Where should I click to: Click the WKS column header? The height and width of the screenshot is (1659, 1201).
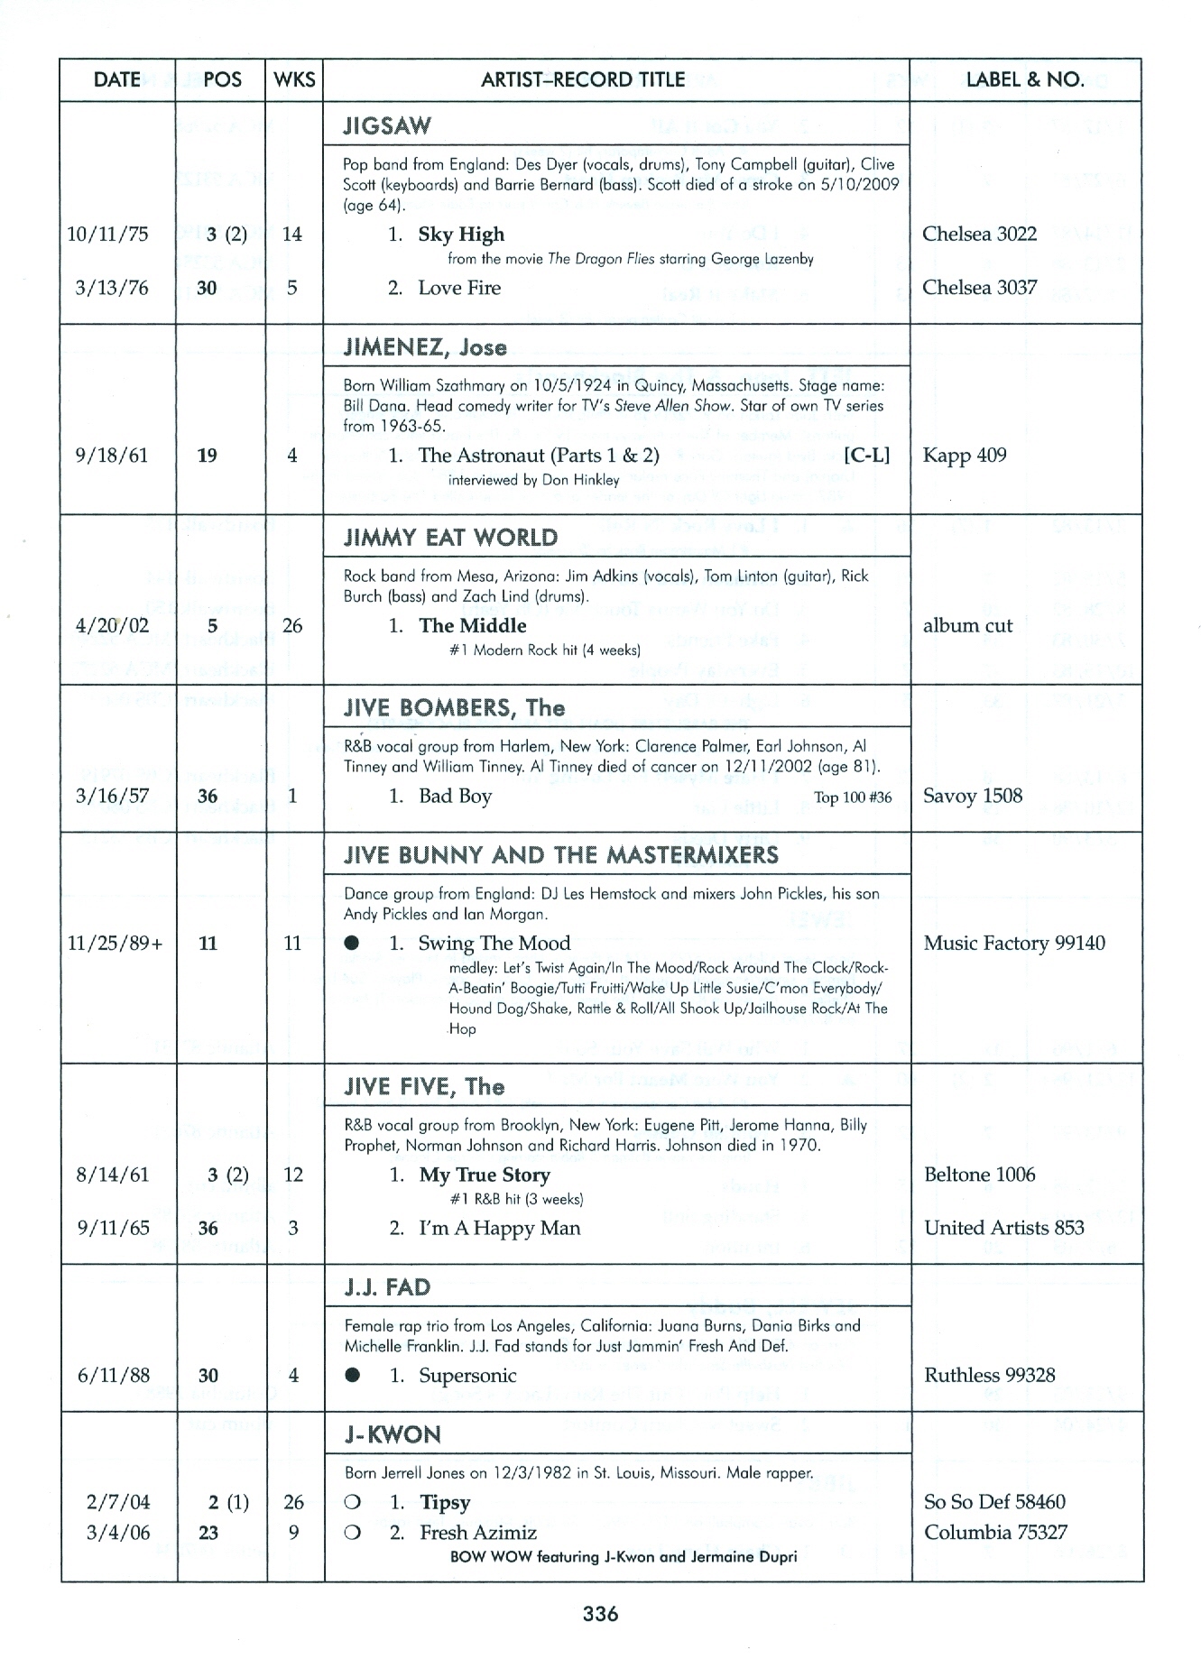point(294,79)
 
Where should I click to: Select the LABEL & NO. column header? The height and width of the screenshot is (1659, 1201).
point(1025,79)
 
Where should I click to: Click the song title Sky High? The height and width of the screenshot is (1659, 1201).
point(461,235)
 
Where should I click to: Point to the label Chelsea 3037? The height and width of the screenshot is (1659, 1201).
point(979,288)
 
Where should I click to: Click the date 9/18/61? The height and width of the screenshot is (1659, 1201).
point(112,456)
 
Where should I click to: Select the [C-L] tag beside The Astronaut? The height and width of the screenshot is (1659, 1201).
point(866,456)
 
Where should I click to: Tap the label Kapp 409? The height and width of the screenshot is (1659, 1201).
point(964,456)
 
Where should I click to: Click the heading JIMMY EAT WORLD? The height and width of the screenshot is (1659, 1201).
point(450,538)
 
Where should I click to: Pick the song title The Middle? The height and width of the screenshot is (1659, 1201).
point(472,626)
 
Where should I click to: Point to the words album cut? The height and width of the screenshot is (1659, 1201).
point(967,626)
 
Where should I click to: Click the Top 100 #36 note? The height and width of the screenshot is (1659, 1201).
point(853,797)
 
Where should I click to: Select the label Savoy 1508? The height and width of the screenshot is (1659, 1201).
point(973,796)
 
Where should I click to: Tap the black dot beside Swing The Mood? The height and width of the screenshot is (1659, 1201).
point(353,944)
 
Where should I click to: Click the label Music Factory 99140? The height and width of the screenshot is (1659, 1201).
point(1013,944)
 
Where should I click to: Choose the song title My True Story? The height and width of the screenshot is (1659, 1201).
point(485,1175)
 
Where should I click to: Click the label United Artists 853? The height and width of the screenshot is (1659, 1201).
point(1004,1228)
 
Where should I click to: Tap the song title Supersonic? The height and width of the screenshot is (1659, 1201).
point(467,1376)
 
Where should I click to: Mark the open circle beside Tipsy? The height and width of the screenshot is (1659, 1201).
point(353,1503)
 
